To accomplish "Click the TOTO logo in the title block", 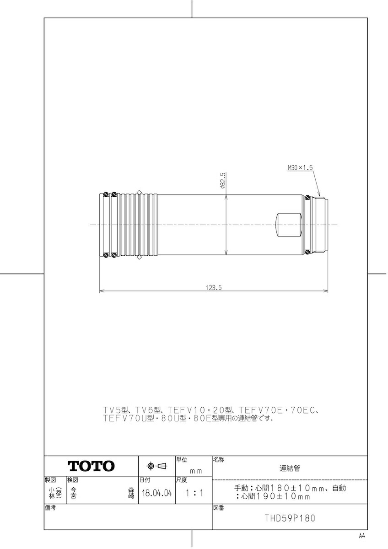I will tap(91, 466).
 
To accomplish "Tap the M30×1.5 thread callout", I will tap(300, 168).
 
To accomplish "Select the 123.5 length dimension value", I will tap(214, 288).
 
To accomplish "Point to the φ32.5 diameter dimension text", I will tap(222, 181).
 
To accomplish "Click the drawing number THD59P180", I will tap(290, 519).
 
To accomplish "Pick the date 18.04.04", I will tap(157, 494).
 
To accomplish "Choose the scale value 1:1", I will tap(194, 494).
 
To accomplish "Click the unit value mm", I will tap(195, 471).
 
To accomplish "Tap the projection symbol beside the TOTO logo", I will tap(156, 466).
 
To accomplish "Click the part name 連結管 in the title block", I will tap(290, 468).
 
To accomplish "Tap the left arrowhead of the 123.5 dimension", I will tap(102, 291).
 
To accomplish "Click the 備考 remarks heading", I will tap(50, 508).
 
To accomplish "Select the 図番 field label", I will tap(218, 508).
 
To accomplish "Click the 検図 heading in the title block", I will tap(72, 480).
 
